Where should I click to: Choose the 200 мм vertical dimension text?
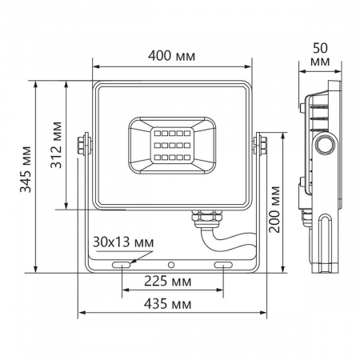(275, 210)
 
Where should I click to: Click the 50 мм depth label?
(319, 54)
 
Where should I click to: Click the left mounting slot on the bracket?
(122, 263)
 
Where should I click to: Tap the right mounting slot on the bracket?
(224, 263)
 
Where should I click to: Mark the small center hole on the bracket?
(171, 263)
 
